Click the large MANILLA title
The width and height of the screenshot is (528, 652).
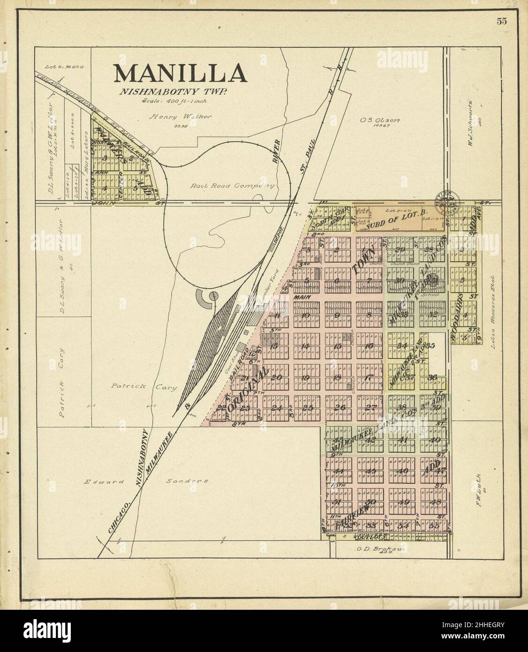coord(180,73)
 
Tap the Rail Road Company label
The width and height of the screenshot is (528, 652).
coord(232,186)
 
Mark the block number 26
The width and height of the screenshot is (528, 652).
coord(340,407)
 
